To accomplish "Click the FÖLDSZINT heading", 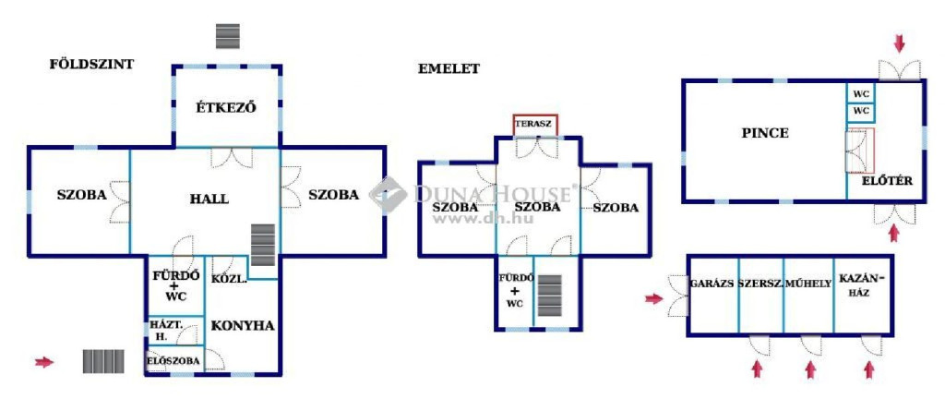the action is pyautogui.click(x=91, y=64).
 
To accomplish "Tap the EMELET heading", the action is pyautogui.click(x=449, y=68).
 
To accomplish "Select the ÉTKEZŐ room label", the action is pyautogui.click(x=226, y=108).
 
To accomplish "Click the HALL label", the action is pyautogui.click(x=209, y=199).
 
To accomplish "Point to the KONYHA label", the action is pyautogui.click(x=243, y=325).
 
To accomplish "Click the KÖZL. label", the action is pyautogui.click(x=229, y=279).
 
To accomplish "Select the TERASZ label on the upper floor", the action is pyautogui.click(x=534, y=124).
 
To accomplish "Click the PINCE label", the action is pyautogui.click(x=765, y=133).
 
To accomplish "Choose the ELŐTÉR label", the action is pyautogui.click(x=887, y=180).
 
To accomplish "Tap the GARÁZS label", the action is pyautogui.click(x=712, y=284).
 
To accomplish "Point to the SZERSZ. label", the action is pyautogui.click(x=760, y=284).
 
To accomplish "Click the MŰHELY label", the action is pyautogui.click(x=808, y=284).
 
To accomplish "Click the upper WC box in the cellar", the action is pyautogui.click(x=861, y=94).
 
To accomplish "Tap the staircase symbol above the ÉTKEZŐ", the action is pyautogui.click(x=228, y=36).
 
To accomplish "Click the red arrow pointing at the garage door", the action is pyautogui.click(x=654, y=298).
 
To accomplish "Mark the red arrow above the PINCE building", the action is pyautogui.click(x=899, y=43).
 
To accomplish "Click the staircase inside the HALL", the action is pyautogui.click(x=263, y=245).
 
